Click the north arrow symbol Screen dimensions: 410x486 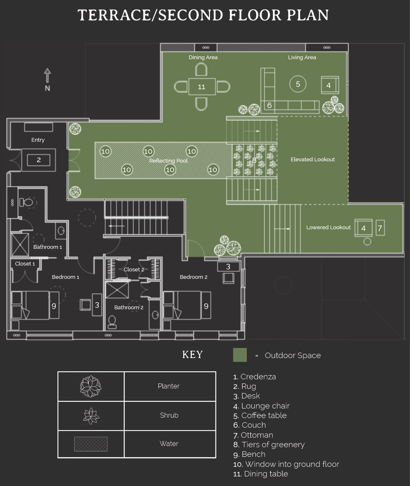click(47, 75)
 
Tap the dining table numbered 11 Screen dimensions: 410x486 click(202, 86)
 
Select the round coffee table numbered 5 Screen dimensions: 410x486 click(298, 84)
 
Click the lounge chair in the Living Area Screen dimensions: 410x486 click(330, 85)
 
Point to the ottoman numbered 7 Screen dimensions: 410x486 click(380, 228)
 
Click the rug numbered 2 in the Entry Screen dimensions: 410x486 click(39, 160)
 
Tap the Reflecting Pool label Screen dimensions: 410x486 click(168, 160)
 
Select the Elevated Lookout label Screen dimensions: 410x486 click(312, 159)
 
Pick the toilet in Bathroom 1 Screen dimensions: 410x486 click(27, 203)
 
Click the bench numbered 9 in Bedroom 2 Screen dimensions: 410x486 click(206, 305)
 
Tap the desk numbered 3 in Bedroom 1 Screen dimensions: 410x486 click(97, 305)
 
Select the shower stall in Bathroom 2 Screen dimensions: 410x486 click(117, 290)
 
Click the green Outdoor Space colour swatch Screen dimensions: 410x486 click(240, 355)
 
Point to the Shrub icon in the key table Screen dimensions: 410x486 click(91, 416)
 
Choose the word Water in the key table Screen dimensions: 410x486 click(169, 443)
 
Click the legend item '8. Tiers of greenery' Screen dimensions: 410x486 click(269, 444)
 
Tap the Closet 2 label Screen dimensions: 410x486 click(134, 269)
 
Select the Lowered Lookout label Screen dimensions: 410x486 click(328, 227)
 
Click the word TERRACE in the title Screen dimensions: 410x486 click(114, 15)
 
